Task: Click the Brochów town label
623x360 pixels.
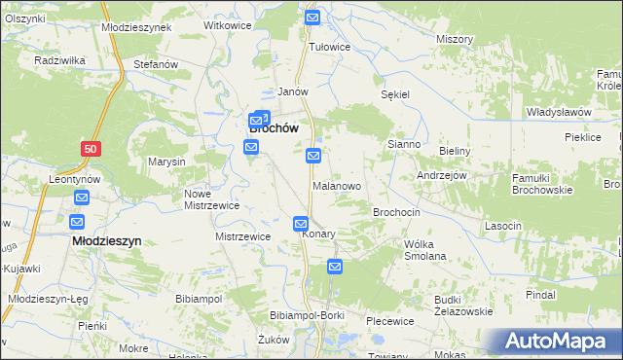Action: (x=274, y=126)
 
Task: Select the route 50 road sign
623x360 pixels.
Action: (x=91, y=147)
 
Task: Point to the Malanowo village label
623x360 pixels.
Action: (x=337, y=185)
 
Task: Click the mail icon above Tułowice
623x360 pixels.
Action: (x=312, y=18)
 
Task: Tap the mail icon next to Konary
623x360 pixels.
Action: (x=302, y=224)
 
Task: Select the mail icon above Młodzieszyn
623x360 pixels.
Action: (x=81, y=198)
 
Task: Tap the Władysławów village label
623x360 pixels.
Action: (x=559, y=112)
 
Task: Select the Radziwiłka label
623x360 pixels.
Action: (x=55, y=60)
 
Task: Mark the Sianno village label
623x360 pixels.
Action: (x=404, y=144)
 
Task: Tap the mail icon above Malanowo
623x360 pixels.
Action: (x=313, y=156)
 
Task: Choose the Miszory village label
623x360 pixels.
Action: (x=455, y=39)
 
